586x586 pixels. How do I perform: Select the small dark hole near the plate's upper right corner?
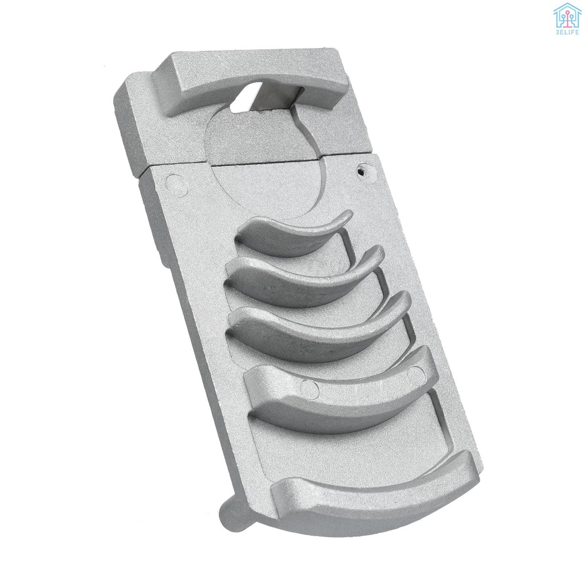pyautogui.click(x=362, y=170)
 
